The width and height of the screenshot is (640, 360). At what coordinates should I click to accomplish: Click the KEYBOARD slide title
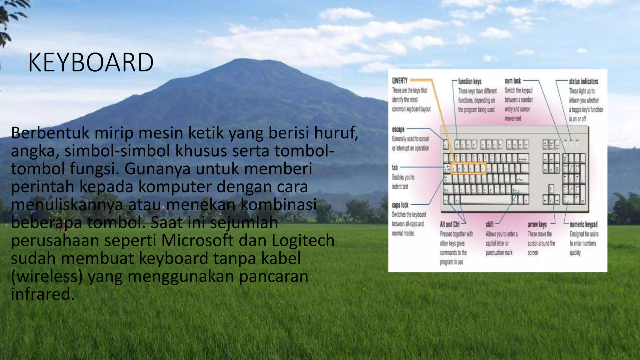tap(91, 62)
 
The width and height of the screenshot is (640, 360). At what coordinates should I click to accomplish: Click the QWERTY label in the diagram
tap(400, 81)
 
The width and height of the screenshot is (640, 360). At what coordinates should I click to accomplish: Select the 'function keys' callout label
tap(469, 81)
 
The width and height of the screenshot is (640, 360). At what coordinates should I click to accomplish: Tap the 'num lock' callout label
tap(512, 81)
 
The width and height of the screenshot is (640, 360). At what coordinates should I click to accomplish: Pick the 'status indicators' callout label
tap(583, 81)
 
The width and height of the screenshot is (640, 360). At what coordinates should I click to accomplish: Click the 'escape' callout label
tap(398, 129)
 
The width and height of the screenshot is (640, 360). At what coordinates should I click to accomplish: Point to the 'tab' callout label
tap(395, 167)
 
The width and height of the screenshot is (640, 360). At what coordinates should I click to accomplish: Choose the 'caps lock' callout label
tap(400, 205)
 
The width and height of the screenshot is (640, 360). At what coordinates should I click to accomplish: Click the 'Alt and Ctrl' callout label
tap(449, 224)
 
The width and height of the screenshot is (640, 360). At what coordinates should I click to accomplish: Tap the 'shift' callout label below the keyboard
tap(489, 224)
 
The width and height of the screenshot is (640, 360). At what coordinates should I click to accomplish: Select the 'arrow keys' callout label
tap(537, 224)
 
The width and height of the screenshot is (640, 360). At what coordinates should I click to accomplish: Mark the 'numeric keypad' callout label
tap(583, 224)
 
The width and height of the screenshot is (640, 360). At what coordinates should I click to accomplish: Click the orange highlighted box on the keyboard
tap(468, 168)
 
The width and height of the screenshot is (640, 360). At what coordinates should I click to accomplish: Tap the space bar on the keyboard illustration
tap(486, 199)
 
